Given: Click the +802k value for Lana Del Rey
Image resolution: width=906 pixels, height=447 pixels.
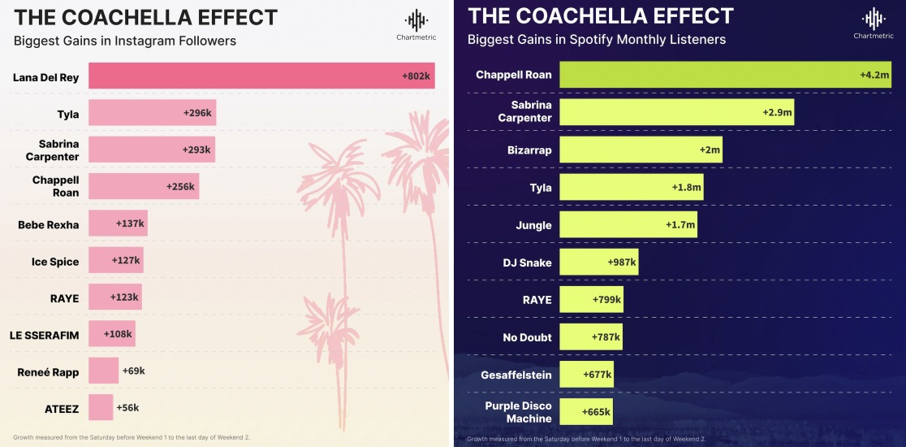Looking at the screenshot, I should pyautogui.click(x=417, y=76).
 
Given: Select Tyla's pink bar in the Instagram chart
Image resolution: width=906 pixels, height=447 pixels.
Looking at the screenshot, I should pyautogui.click(x=152, y=114).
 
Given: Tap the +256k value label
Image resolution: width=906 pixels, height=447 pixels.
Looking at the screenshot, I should pyautogui.click(x=179, y=186).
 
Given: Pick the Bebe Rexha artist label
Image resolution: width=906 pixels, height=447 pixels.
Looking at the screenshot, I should pyautogui.click(x=49, y=224).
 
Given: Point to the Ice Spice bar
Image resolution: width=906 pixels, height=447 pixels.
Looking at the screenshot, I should pyautogui.click(x=115, y=261).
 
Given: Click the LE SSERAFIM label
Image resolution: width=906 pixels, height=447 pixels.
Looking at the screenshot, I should pyautogui.click(x=45, y=335).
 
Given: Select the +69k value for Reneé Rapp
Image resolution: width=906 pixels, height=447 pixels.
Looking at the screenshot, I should pyautogui.click(x=133, y=371).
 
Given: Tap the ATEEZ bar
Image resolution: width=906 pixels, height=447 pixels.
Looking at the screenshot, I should pyautogui.click(x=101, y=407).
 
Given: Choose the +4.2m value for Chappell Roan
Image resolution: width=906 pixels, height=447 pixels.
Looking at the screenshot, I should pyautogui.click(x=875, y=75).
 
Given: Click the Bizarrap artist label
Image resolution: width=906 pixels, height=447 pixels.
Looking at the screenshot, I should pyautogui.click(x=528, y=150).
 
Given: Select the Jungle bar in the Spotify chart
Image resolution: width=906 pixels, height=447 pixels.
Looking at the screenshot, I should pyautogui.click(x=628, y=225).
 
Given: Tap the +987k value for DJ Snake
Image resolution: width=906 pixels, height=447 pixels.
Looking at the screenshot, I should pyautogui.click(x=622, y=263).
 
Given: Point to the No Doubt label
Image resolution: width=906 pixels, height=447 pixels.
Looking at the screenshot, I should pyautogui.click(x=528, y=337).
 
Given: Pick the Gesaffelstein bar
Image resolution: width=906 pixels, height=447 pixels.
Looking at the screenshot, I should pyautogui.click(x=586, y=375).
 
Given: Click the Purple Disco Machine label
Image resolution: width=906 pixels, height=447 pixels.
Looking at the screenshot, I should pyautogui.click(x=518, y=412).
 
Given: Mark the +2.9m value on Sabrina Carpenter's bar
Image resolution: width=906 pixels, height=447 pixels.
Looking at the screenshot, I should pyautogui.click(x=776, y=112).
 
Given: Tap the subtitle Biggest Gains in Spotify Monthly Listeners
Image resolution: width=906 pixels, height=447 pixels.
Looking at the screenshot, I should pyautogui.click(x=597, y=39).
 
